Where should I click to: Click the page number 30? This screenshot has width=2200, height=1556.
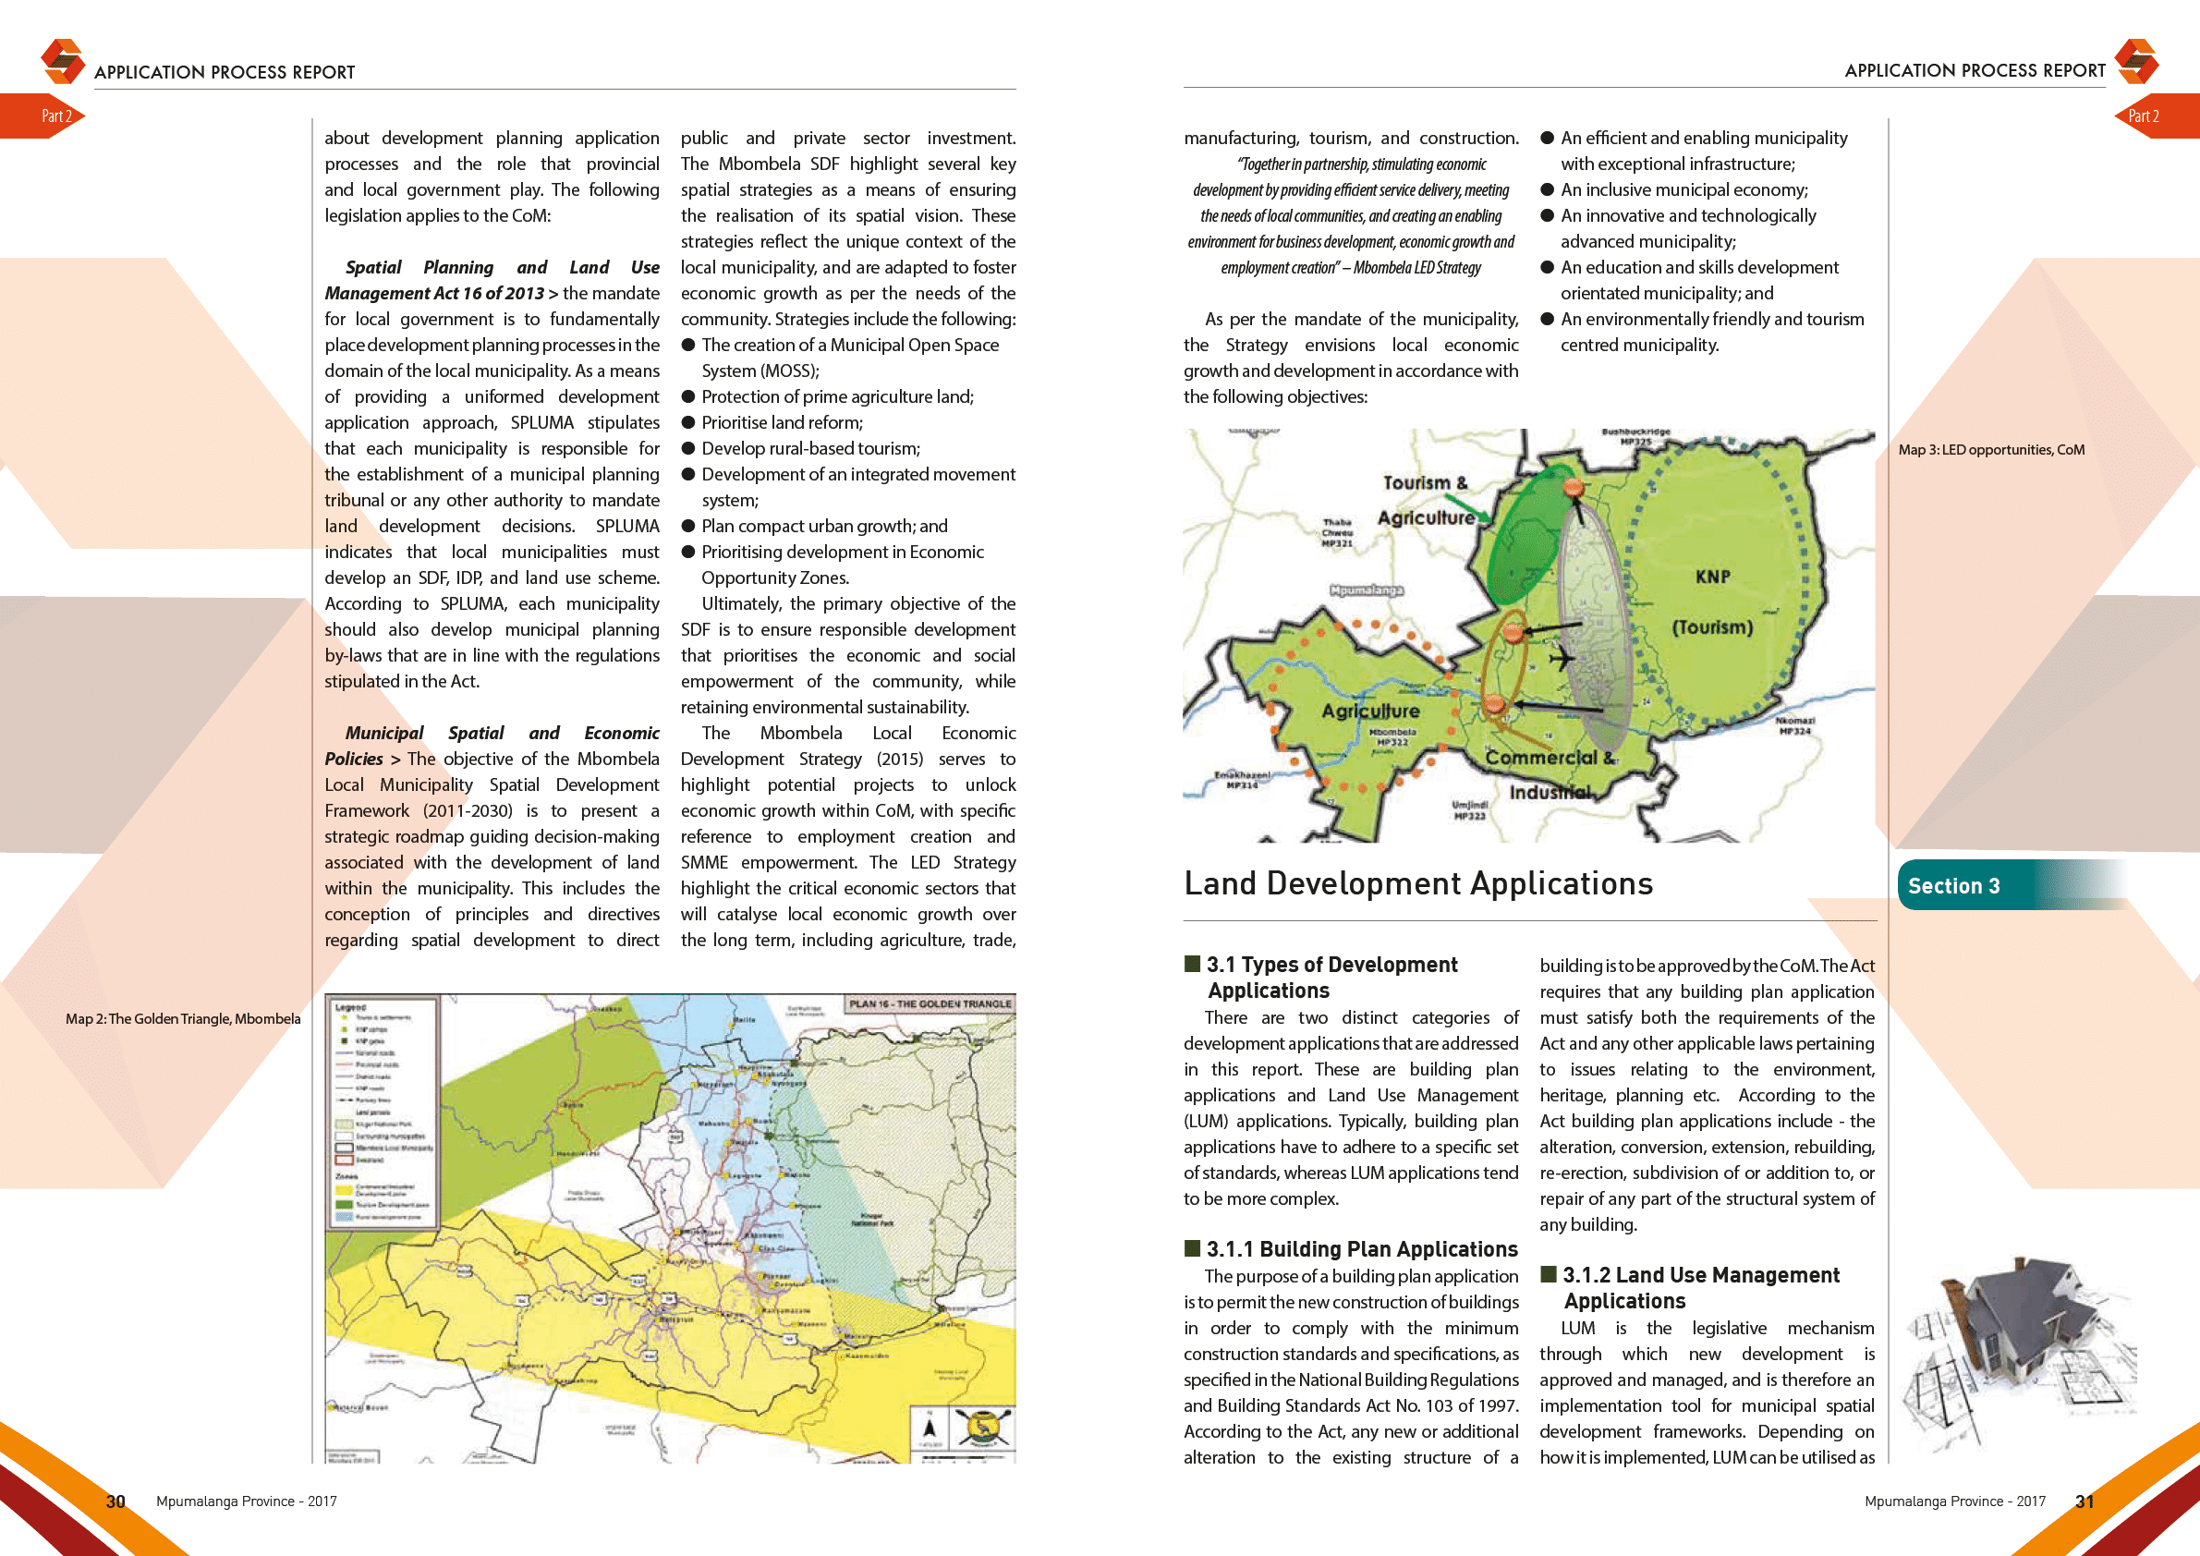[x=115, y=1501]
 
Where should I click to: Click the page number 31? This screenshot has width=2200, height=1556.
[x=2085, y=1501]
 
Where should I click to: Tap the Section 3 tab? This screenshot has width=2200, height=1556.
[x=1955, y=886]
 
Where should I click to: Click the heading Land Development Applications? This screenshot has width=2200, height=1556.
[x=1418, y=883]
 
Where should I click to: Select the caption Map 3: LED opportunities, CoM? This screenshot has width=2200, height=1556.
[x=1991, y=449]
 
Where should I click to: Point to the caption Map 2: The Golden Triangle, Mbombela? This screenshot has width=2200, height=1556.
[x=183, y=1018]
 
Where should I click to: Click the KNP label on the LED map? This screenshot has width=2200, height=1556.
[x=1712, y=577]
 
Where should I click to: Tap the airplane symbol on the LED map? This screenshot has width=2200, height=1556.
[x=1561, y=659]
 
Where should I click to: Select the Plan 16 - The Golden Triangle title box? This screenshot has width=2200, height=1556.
[x=930, y=1004]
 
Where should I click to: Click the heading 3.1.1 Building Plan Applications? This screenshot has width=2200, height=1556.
[x=1361, y=1249]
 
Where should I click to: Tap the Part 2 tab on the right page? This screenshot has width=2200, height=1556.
[x=2144, y=115]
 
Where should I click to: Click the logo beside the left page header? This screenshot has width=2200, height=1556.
[x=63, y=60]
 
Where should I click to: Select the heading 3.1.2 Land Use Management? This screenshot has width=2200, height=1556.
[x=1700, y=1275]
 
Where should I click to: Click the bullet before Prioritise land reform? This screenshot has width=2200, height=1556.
[x=688, y=422]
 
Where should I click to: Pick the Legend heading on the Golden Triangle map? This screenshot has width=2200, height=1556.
[x=351, y=1007]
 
